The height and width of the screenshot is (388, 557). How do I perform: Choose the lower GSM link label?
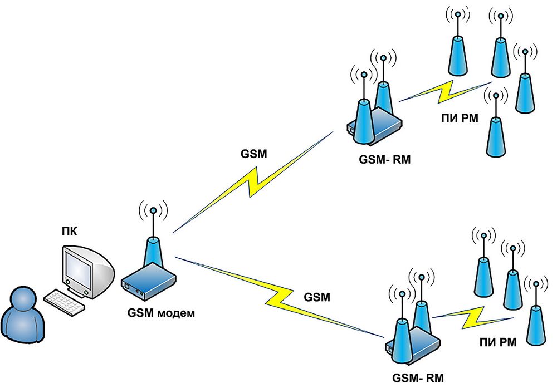click(x=317, y=296)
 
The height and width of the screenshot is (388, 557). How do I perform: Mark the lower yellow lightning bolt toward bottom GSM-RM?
click(x=278, y=295)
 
